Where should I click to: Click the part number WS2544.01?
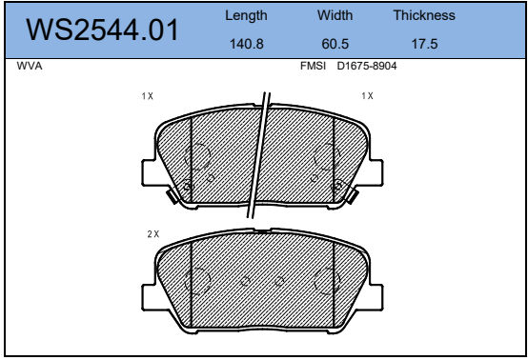point(102,30)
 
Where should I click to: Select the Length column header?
point(246,16)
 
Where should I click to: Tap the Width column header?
point(335,15)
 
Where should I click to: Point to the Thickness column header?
point(424,15)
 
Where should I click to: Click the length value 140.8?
point(247,44)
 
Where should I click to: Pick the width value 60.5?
point(335,44)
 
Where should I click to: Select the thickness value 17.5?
point(425,44)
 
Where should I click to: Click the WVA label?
point(30,66)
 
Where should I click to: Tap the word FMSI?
point(313,66)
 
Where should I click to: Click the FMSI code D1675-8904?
point(367,66)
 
